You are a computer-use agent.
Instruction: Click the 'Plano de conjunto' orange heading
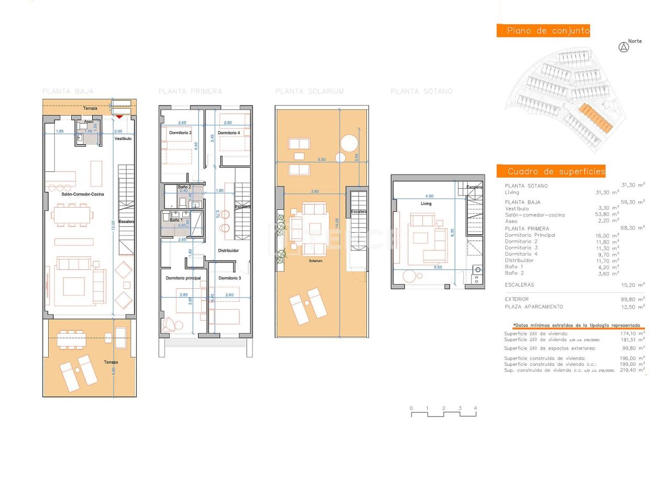[543, 31]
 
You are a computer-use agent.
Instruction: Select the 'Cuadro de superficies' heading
[551, 171]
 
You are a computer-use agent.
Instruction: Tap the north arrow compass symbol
[623, 47]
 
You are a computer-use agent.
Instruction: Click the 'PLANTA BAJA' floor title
[68, 92]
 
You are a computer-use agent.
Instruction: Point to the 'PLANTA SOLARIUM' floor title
[309, 92]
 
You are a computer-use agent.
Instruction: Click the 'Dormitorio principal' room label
[183, 278]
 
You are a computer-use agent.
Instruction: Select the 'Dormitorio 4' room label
[229, 133]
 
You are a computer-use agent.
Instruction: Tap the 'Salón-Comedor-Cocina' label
[83, 194]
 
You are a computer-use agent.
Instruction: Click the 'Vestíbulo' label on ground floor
[123, 138]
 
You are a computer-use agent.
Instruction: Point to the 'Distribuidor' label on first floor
[228, 251]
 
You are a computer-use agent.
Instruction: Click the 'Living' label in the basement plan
[426, 203]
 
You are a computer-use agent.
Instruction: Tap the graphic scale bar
[443, 414]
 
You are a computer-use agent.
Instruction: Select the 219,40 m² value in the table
[632, 370]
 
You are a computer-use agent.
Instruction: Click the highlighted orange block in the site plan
[596, 118]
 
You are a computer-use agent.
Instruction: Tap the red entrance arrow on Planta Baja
[120, 116]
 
